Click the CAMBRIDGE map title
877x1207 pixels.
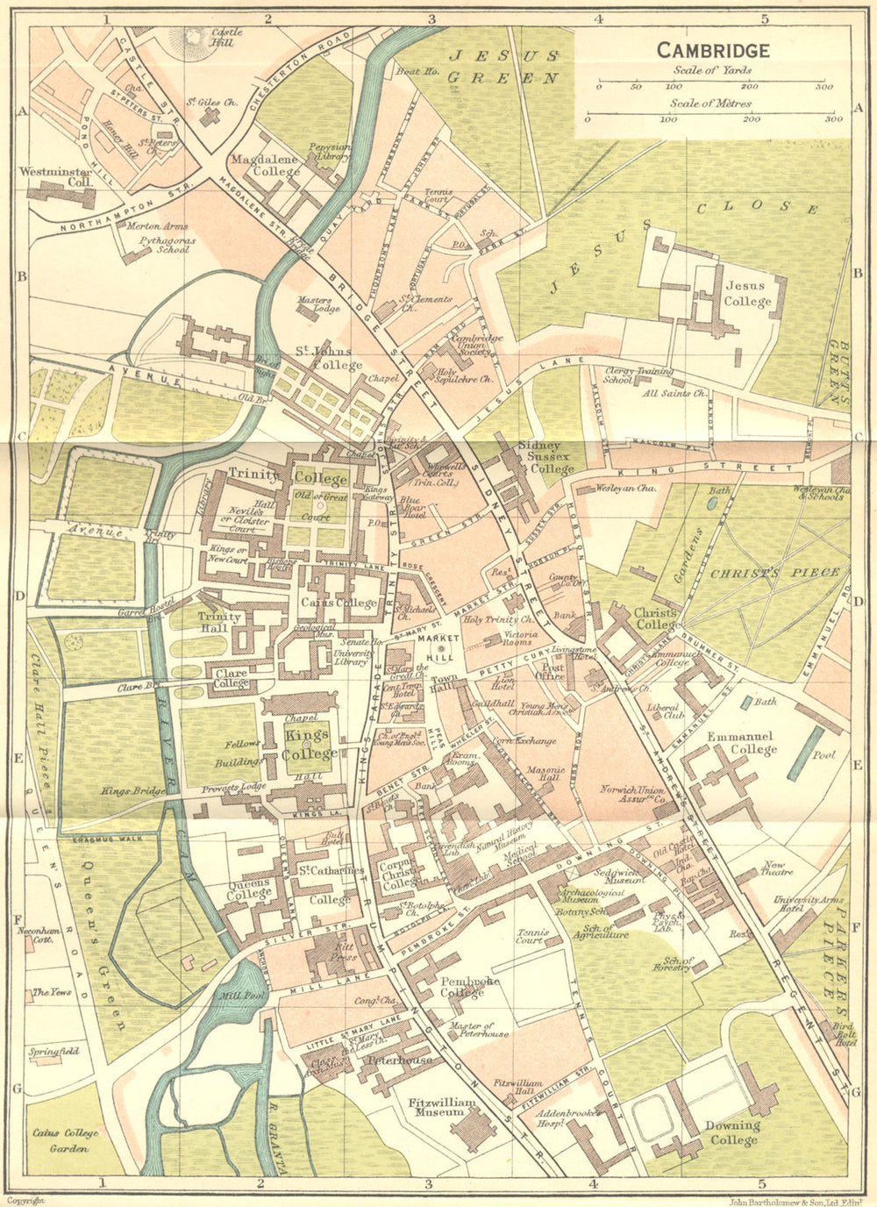(x=713, y=50)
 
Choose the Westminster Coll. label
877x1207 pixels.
(x=55, y=176)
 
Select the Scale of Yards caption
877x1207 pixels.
(x=712, y=71)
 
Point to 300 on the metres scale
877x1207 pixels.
(x=831, y=118)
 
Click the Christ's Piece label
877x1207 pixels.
(x=774, y=573)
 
